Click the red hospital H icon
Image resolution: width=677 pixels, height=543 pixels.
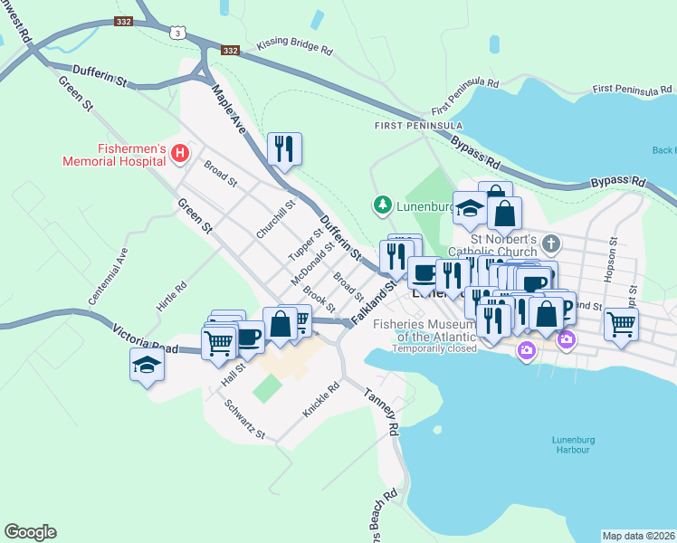[179, 155]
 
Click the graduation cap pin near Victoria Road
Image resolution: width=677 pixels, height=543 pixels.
[147, 366]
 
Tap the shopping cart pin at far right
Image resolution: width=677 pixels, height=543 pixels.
[621, 324]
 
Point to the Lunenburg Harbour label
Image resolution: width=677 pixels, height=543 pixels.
[571, 444]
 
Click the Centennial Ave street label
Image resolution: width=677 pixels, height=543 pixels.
[106, 276]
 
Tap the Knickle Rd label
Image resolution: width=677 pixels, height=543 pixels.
[321, 399]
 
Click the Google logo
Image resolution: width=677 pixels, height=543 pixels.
[30, 532]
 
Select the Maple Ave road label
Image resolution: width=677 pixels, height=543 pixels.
[230, 107]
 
